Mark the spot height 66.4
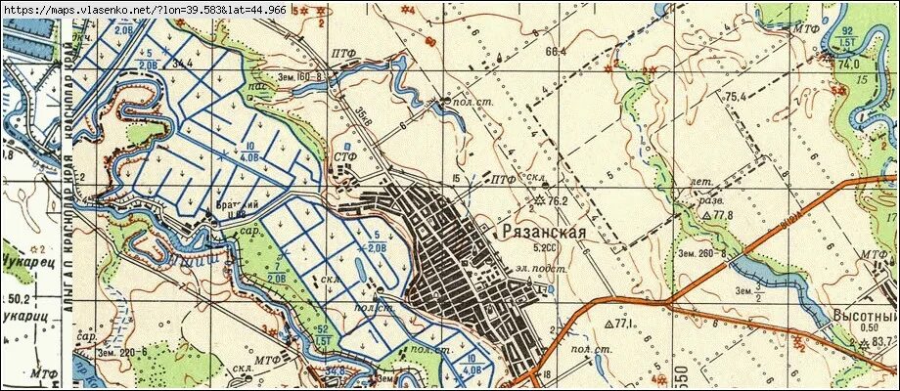point(558,51)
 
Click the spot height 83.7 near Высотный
point(884,340)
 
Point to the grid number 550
point(680,377)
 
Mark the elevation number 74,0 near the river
point(847,64)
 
